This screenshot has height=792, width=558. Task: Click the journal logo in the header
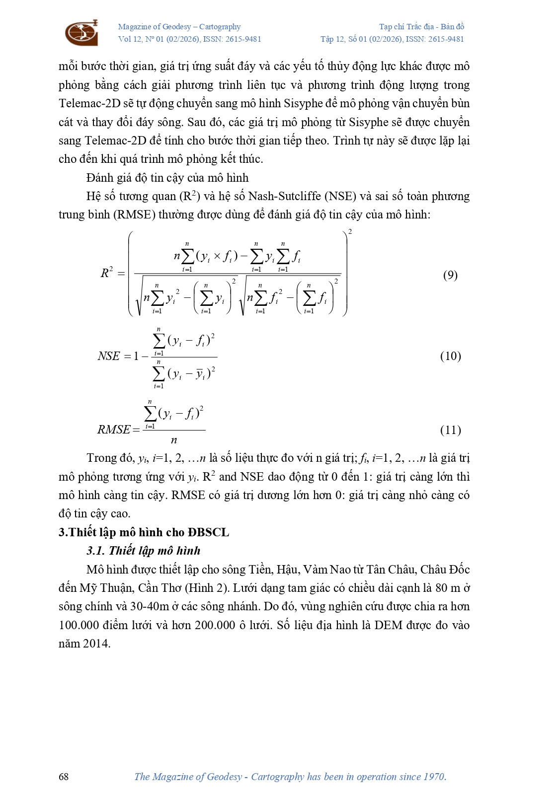tap(81, 33)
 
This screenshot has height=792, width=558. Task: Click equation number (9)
tap(450, 275)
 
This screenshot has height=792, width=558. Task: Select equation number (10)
tap(450, 356)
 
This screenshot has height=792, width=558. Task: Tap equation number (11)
tap(450, 430)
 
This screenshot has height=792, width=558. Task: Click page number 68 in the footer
tap(64, 777)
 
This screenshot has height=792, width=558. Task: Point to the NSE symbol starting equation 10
tap(109, 356)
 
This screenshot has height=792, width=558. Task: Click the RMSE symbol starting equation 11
tap(114, 430)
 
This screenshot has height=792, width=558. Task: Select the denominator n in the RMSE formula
tap(174, 440)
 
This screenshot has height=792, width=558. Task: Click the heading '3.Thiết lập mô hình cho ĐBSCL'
tap(144, 532)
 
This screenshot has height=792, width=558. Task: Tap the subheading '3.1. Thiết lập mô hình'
tap(144, 551)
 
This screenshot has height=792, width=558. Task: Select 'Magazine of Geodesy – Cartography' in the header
tap(179, 27)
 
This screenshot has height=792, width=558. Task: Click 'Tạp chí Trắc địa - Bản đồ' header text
tap(421, 27)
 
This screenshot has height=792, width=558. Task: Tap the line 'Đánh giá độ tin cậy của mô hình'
tap(167, 178)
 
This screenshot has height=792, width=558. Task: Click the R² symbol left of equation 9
tap(107, 273)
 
